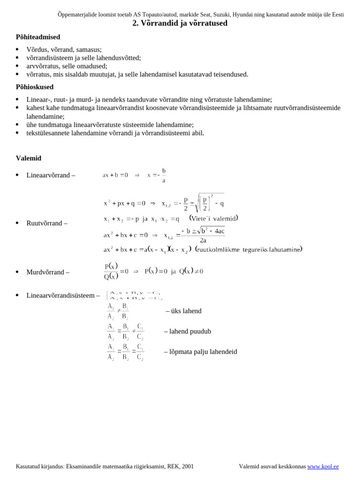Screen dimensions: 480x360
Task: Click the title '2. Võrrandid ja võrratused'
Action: (180, 23)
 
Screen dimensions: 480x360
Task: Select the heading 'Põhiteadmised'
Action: (38, 37)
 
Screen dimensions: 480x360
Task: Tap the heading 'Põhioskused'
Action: (35, 87)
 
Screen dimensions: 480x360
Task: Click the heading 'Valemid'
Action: (29, 158)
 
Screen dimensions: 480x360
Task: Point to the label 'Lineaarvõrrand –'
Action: (51, 175)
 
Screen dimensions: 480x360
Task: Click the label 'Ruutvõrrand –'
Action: (47, 223)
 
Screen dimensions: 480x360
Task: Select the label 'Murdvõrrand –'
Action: (48, 272)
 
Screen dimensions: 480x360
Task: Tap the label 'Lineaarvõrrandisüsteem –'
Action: (63, 296)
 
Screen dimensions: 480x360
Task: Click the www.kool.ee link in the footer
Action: (323, 466)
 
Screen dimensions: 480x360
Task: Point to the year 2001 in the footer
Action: (187, 466)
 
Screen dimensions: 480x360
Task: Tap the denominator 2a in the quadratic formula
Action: (203, 240)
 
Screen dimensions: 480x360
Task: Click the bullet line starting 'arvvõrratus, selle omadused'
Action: (67, 66)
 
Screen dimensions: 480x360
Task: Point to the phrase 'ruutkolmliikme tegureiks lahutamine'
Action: (248, 249)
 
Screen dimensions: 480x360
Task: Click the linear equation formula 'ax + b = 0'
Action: (115, 175)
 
